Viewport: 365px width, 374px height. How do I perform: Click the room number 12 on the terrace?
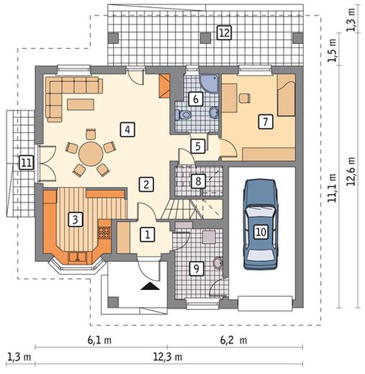coord(224,32)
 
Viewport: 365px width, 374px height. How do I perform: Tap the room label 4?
coord(127,129)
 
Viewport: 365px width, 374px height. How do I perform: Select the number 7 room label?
coord(266,122)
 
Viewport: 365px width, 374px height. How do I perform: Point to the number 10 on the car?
coord(261,232)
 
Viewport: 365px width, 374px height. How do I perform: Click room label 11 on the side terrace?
coord(26,163)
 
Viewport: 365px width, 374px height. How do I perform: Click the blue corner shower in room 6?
coord(209,83)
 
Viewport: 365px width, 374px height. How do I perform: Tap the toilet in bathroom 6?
coord(183,115)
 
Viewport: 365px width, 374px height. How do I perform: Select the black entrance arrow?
coord(150,286)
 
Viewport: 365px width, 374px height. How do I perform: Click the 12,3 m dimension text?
coord(168,357)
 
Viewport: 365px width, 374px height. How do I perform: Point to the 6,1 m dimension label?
coord(99,340)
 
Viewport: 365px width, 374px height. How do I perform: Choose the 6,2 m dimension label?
coord(233,340)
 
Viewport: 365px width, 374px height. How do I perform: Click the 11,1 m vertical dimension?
coord(333,188)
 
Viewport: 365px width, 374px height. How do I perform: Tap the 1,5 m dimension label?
coord(333,50)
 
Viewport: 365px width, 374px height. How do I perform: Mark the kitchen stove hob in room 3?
coord(104,232)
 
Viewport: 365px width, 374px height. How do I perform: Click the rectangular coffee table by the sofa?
coord(81,104)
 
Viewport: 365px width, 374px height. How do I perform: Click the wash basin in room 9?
coord(217,263)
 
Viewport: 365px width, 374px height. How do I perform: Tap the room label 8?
coord(198,181)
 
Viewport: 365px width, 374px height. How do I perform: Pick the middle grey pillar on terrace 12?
coord(205,38)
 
